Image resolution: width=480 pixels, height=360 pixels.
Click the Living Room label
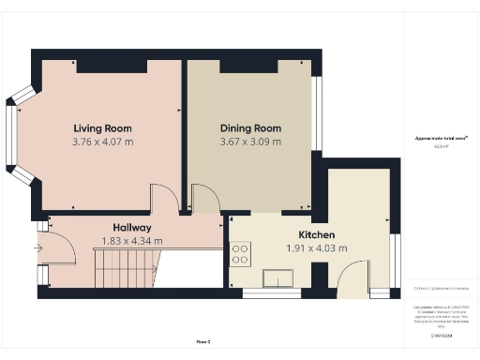[x=103, y=127]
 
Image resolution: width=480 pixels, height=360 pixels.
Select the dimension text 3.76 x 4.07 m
[x=103, y=142]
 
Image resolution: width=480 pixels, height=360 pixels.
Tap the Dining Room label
[x=250, y=127]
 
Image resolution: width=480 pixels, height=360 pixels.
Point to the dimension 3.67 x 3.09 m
[x=250, y=142]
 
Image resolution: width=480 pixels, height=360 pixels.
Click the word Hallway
[x=132, y=228]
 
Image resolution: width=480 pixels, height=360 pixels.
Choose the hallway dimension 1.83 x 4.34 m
[x=132, y=241]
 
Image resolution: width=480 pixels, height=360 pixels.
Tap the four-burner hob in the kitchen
[x=240, y=253]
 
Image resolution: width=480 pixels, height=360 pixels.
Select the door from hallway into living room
[x=163, y=197]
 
